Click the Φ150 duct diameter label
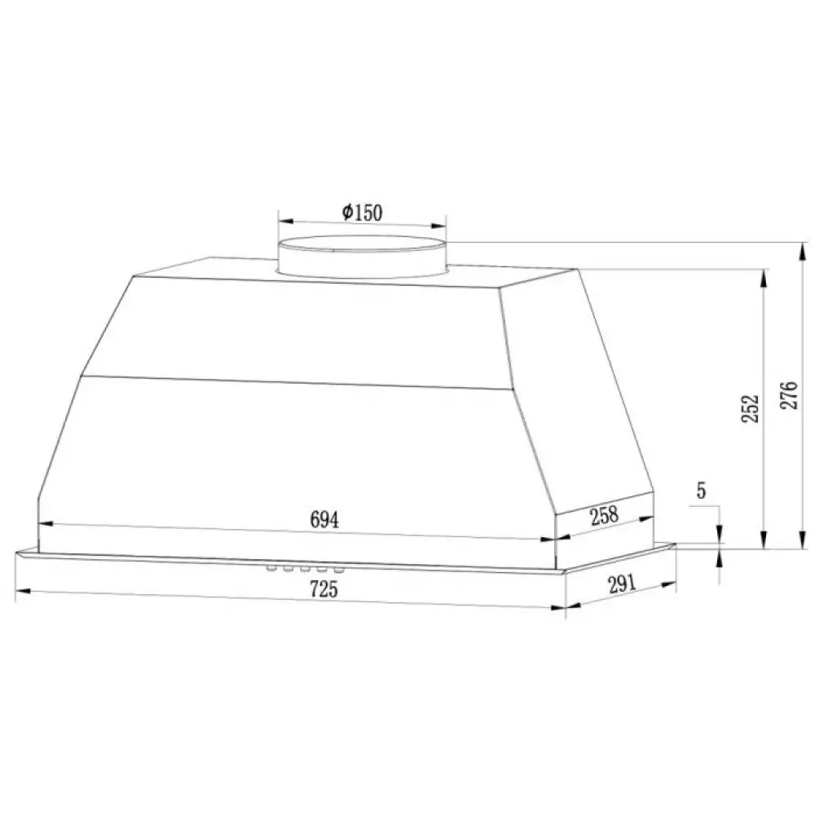click(x=363, y=212)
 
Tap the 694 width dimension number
click(x=324, y=519)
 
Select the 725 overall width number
click(x=324, y=589)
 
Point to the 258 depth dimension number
click(x=605, y=515)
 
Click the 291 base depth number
click(x=622, y=584)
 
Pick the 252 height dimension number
click(x=750, y=408)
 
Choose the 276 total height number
click(x=788, y=395)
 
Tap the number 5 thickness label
click(x=701, y=491)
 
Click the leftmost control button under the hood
click(x=271, y=569)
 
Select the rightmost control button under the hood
click(x=338, y=571)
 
